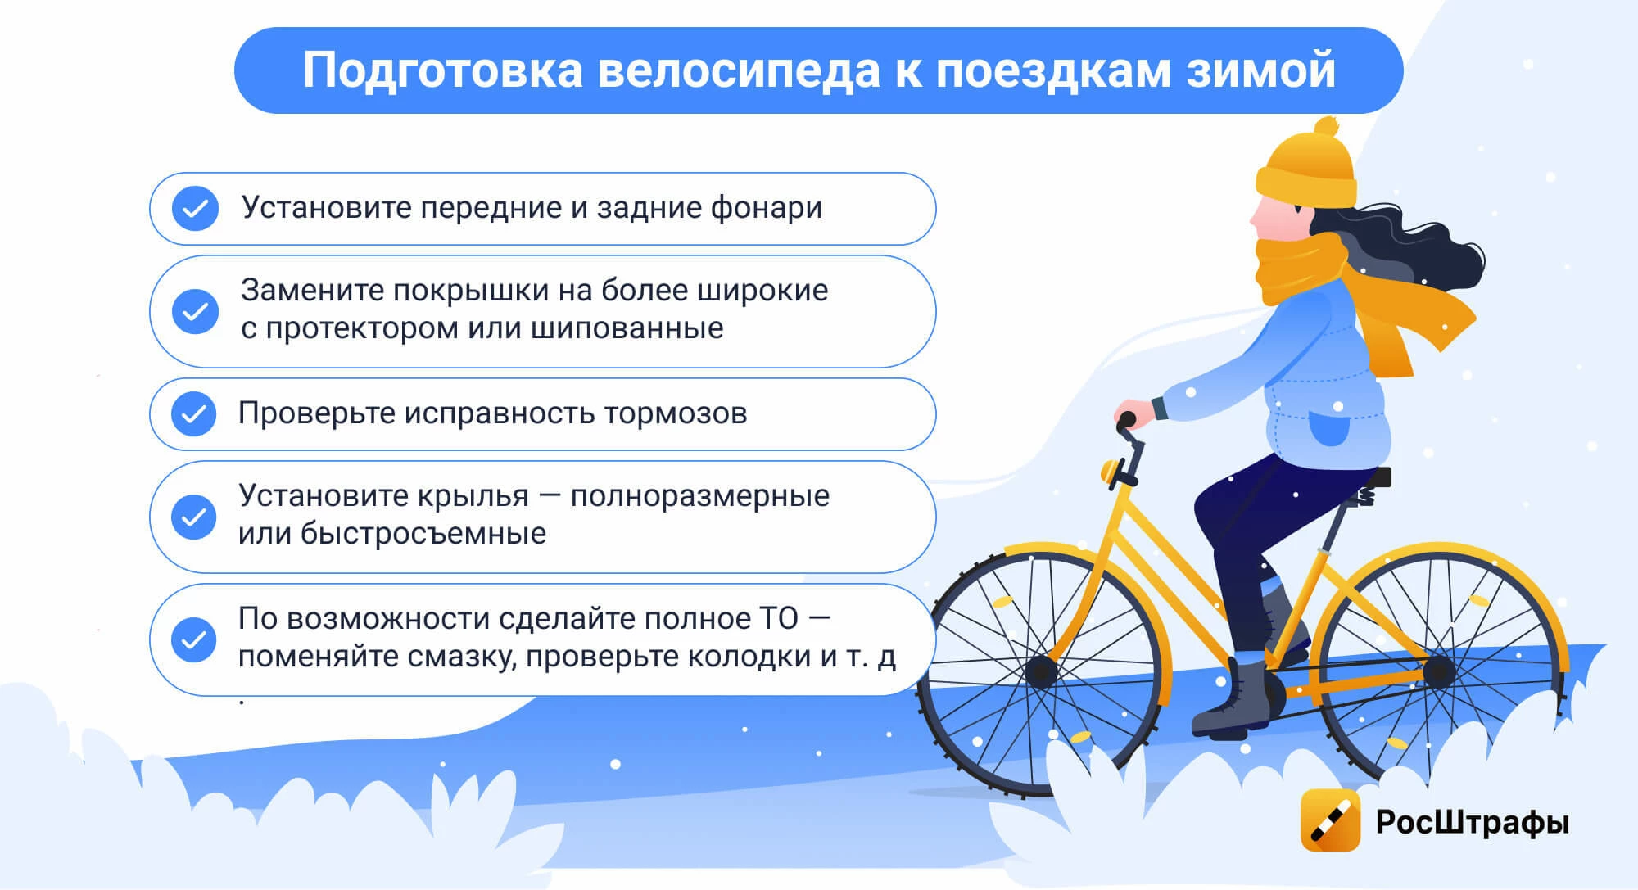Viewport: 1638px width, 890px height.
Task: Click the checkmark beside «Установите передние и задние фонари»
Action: [x=195, y=209]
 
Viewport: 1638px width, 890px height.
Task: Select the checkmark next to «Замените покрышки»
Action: [x=195, y=311]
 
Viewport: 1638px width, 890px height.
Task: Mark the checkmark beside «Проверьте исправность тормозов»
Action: [x=194, y=414]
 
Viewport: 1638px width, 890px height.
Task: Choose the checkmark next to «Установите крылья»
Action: [x=194, y=517]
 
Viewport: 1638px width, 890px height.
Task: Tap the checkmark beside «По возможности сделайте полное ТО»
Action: [x=194, y=639]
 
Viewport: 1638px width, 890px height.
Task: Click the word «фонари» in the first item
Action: [x=766, y=209]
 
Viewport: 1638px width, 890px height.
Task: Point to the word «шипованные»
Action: [x=627, y=328]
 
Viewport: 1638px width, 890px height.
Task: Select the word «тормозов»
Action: [x=675, y=413]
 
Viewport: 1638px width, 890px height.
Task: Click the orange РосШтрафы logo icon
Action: [x=1331, y=820]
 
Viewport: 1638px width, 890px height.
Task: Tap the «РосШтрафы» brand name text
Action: [x=1473, y=822]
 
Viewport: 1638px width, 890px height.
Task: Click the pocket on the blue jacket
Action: [x=1330, y=427]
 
